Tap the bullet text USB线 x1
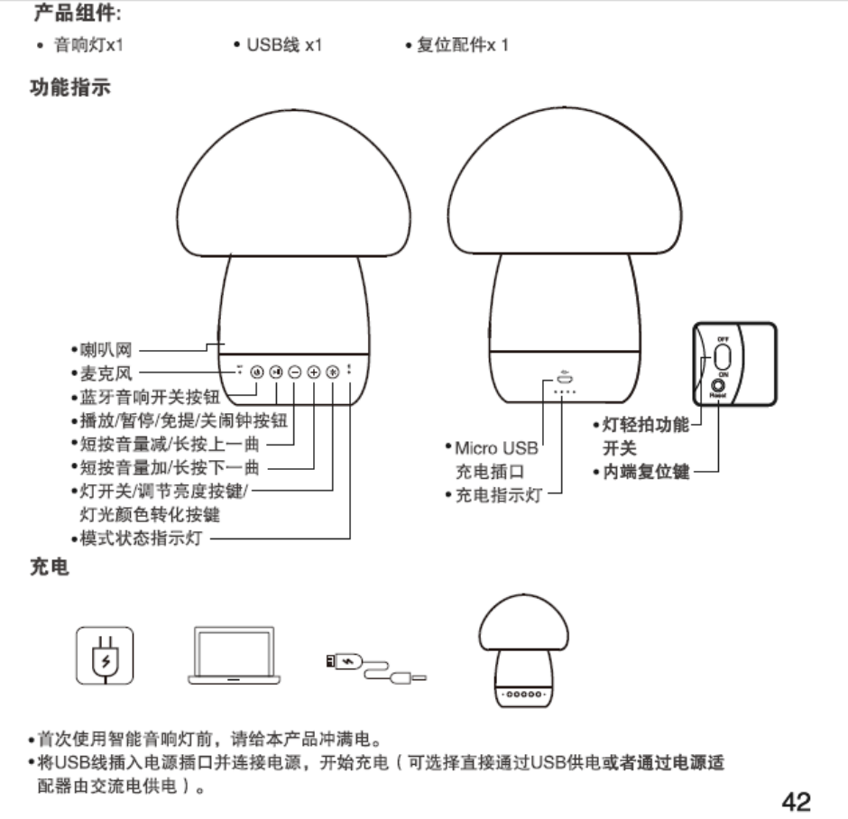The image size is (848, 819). click(x=278, y=44)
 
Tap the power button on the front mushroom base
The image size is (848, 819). click(x=257, y=372)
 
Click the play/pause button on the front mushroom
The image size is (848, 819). click(x=277, y=372)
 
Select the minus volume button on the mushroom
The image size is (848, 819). click(x=295, y=372)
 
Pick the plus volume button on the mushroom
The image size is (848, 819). click(x=313, y=372)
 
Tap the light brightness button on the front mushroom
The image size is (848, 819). click(x=332, y=372)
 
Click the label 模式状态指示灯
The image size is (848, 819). click(x=141, y=539)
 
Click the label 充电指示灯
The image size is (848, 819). click(x=498, y=494)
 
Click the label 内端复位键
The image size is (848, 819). click(x=646, y=471)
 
